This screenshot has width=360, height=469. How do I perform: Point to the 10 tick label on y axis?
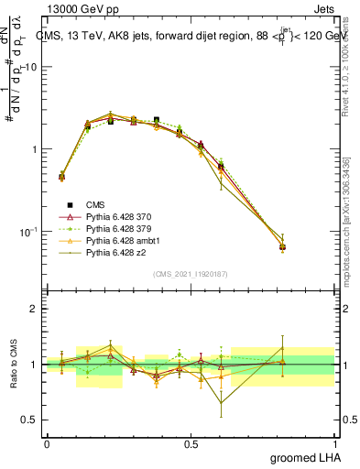29,67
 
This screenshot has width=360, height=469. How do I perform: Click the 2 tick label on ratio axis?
34,309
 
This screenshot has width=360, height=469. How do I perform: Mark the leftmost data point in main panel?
61,177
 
